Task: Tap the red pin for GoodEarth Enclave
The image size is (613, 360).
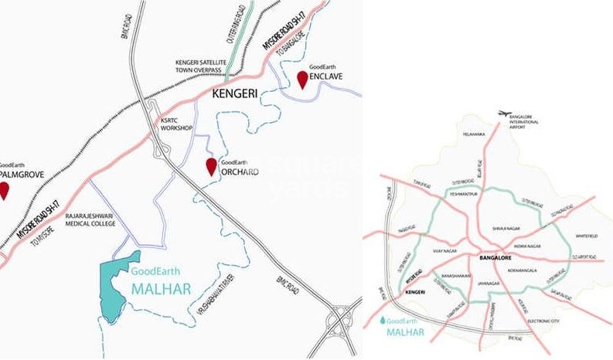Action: (x=301, y=79)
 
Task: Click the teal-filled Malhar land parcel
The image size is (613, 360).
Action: (x=119, y=285)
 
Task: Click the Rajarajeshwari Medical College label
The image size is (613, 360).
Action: (x=85, y=220)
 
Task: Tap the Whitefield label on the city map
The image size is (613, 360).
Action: (x=587, y=235)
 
